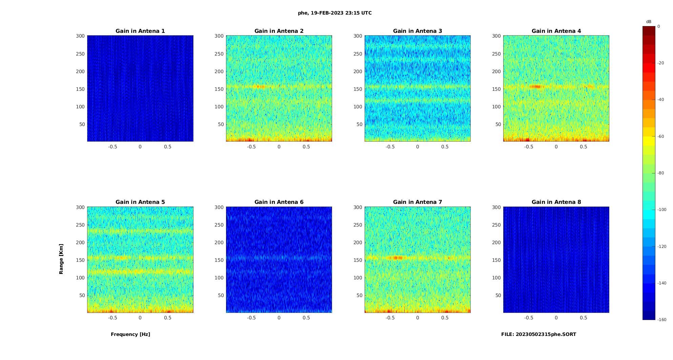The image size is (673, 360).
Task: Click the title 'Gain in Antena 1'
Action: tap(140, 31)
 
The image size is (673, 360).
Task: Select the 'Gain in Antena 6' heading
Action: tap(279, 202)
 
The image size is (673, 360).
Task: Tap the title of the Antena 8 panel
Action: tap(556, 202)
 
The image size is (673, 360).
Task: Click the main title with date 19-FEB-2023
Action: tap(335, 13)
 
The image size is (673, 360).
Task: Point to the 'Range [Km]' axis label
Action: tap(61, 259)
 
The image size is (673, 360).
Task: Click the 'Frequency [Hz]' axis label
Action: tap(130, 334)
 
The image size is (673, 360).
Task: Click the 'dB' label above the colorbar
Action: tap(649, 22)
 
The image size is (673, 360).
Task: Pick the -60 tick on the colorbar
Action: tap(661, 136)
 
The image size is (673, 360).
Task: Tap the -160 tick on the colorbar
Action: tap(662, 320)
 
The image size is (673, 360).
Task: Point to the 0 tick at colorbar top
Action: tap(659, 26)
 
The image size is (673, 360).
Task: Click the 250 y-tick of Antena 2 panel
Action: tap(219, 54)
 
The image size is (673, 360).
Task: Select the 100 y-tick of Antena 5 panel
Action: tap(80, 278)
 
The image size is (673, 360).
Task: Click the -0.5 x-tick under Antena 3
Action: tap(390, 147)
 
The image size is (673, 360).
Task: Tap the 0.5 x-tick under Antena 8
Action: tap(583, 318)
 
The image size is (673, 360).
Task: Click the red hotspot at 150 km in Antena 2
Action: tap(260, 87)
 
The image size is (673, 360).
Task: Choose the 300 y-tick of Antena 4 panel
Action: tap(496, 36)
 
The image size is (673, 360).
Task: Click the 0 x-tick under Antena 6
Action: tap(279, 318)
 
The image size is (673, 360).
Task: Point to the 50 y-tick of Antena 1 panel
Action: tap(82, 124)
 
